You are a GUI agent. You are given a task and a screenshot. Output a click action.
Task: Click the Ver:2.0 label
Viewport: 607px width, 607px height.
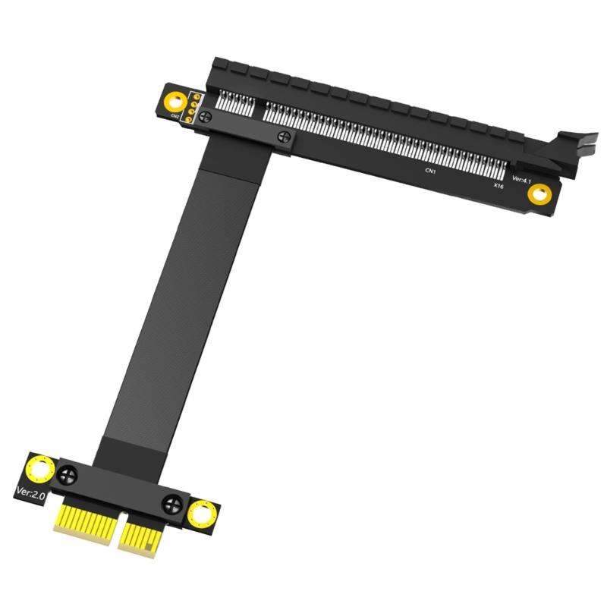click(x=31, y=493)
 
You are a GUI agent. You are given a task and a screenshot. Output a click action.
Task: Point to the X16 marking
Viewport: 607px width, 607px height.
click(x=498, y=185)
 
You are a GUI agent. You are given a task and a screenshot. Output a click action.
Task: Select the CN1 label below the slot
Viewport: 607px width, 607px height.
click(x=430, y=171)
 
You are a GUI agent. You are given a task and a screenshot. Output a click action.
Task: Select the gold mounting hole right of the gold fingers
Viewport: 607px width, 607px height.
click(x=202, y=514)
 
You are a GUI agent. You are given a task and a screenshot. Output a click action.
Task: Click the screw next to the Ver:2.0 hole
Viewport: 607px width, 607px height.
click(x=68, y=476)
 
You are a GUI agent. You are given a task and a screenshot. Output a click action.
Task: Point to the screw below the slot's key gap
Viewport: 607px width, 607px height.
click(x=284, y=137)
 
